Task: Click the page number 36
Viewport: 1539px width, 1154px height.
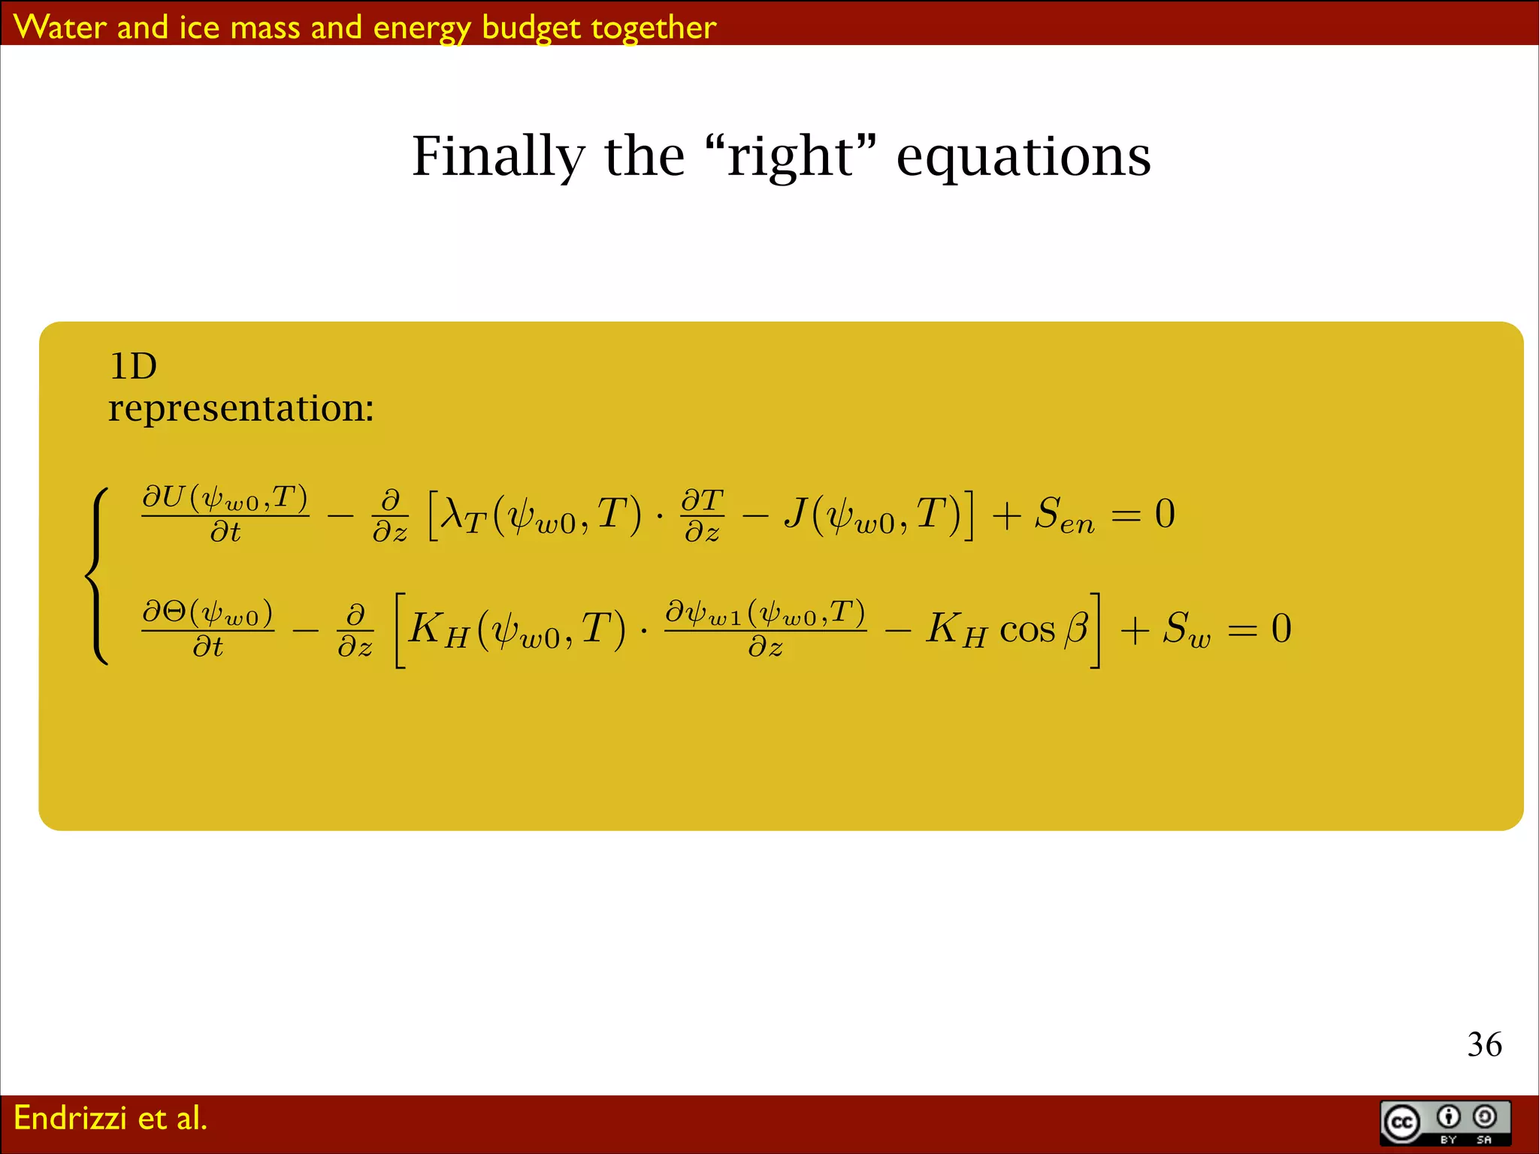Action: (1484, 1044)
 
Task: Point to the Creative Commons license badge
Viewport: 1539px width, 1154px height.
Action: (1445, 1122)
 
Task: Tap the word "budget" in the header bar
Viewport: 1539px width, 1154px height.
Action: (531, 28)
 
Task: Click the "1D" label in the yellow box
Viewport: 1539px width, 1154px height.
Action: (133, 367)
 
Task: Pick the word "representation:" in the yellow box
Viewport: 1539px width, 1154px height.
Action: (240, 409)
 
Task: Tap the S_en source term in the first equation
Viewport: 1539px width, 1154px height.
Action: (1063, 516)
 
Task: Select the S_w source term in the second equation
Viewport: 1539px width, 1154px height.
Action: (1187, 630)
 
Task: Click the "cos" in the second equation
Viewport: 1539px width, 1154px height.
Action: (1027, 630)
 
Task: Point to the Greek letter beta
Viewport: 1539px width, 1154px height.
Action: (1076, 627)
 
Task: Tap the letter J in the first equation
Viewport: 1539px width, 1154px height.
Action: (796, 513)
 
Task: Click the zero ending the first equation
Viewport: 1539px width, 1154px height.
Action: (1165, 514)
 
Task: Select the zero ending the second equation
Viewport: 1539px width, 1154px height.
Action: (1281, 628)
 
